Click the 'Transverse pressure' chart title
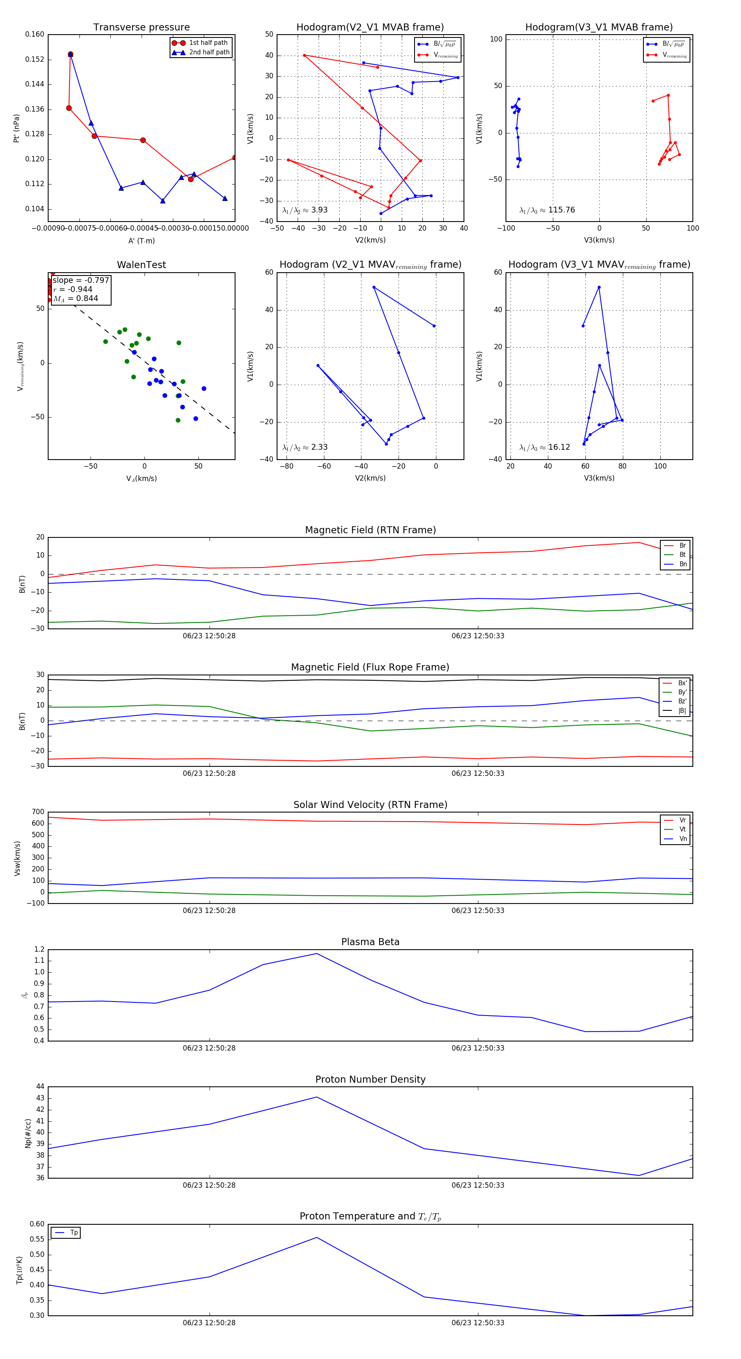click(x=141, y=28)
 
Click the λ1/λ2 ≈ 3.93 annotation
click(x=305, y=210)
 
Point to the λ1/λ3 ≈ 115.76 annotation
click(x=547, y=210)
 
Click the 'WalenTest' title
click(x=141, y=265)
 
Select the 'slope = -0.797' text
click(x=81, y=280)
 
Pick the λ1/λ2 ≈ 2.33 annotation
click(x=305, y=447)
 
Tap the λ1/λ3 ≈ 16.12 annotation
click(x=544, y=447)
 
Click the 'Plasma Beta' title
click(x=370, y=942)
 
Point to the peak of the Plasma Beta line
click(x=317, y=954)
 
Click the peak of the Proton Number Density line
click(x=317, y=1097)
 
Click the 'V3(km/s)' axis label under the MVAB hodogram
click(x=599, y=240)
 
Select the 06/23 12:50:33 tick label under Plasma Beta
click(x=477, y=1048)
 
